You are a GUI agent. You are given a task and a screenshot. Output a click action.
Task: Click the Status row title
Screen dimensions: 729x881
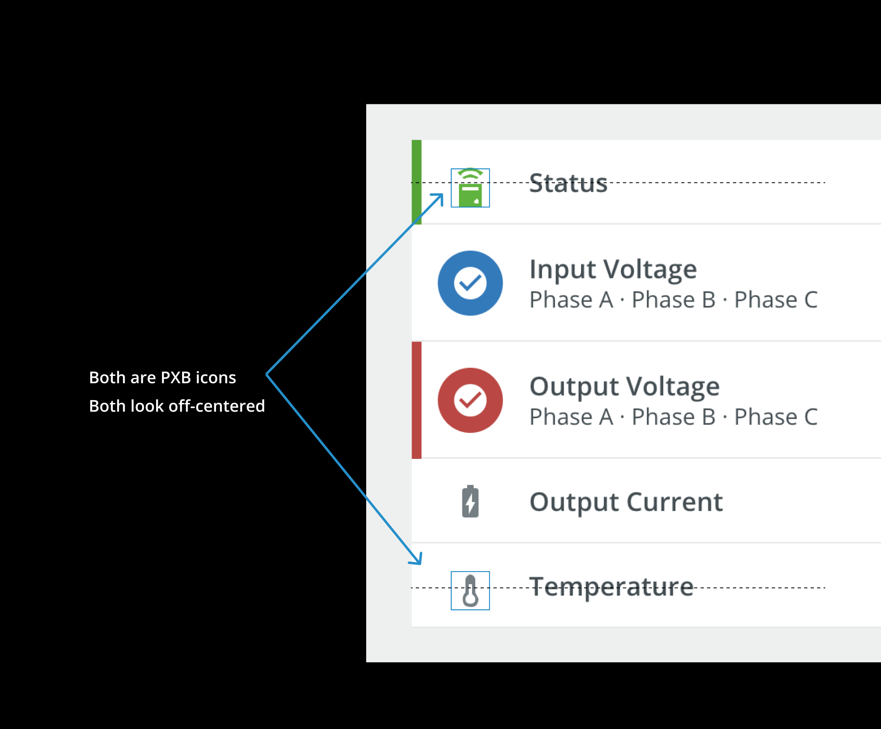point(568,183)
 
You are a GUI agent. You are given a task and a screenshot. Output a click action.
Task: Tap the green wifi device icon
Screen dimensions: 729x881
point(470,188)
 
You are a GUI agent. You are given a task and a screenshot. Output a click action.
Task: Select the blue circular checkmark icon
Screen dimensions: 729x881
point(470,283)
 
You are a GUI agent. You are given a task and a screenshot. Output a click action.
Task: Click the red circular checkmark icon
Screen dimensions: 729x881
point(470,400)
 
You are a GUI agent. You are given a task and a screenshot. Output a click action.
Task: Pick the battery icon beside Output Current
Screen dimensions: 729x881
point(470,501)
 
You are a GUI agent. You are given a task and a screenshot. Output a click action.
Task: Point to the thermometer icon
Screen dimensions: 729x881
point(470,591)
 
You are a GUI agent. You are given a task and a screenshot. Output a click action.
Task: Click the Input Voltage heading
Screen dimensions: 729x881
point(613,269)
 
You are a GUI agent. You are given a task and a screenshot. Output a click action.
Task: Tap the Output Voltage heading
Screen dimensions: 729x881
point(624,386)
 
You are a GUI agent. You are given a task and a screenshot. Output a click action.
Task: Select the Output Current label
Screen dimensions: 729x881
point(626,502)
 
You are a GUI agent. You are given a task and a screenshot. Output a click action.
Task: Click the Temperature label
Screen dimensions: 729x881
point(611,587)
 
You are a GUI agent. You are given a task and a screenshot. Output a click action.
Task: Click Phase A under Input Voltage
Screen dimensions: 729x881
point(571,300)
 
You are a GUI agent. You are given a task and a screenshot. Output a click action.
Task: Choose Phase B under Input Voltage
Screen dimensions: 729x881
point(673,300)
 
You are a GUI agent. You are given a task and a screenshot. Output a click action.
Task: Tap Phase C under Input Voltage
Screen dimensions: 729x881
point(776,300)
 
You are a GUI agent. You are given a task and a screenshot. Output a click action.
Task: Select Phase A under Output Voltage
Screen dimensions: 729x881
point(571,417)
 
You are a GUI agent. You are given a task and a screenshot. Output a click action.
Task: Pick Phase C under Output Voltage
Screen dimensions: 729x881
point(776,417)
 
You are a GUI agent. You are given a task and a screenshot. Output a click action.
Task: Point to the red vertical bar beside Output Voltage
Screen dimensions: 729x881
point(416,400)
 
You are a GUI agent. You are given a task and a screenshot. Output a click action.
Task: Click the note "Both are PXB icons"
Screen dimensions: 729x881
point(162,378)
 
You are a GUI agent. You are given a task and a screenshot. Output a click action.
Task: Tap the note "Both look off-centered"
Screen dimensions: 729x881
point(177,406)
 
